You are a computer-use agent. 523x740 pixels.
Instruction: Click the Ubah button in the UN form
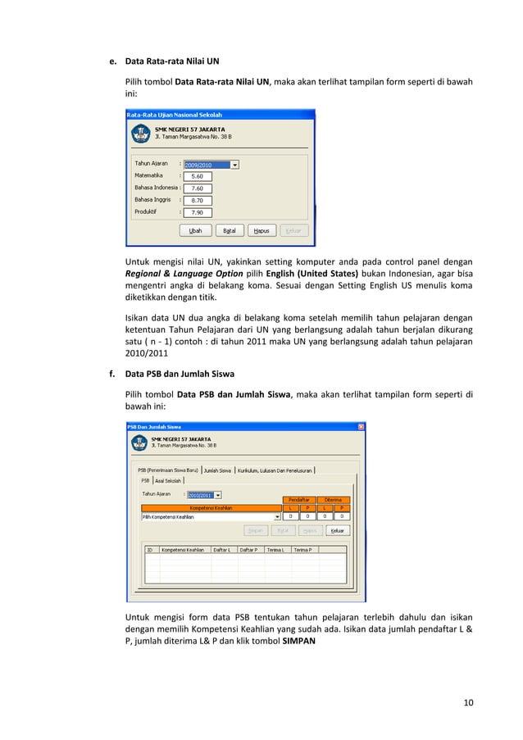(196, 230)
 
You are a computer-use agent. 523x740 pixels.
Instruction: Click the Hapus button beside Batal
(262, 230)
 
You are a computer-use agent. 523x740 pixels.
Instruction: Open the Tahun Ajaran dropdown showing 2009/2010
(235, 164)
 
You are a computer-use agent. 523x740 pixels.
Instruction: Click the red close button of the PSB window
(361, 426)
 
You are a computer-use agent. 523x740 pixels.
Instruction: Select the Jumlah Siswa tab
(216, 470)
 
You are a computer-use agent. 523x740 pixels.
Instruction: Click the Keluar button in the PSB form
(335, 530)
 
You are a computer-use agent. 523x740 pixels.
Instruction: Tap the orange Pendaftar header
(299, 499)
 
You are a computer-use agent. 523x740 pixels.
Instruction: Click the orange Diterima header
(334, 499)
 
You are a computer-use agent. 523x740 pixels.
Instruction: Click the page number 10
(467, 701)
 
